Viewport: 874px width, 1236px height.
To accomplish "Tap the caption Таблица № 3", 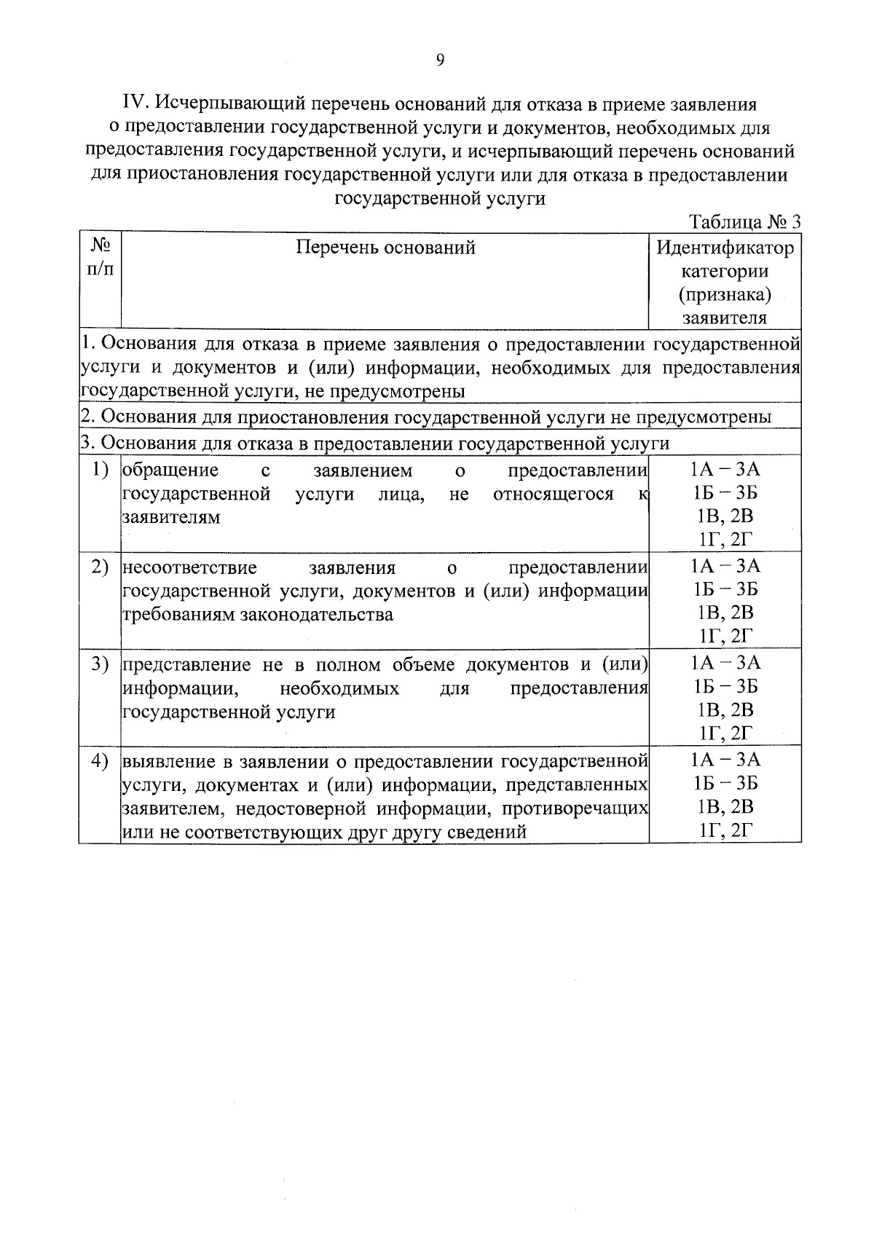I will (x=744, y=221).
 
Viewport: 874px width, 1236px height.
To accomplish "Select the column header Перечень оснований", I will (x=385, y=248).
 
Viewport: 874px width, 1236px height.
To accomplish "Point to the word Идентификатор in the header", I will (x=725, y=248).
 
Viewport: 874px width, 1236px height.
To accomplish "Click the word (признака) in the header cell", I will (x=725, y=294).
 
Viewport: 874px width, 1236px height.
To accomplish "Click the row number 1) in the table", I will (x=100, y=471).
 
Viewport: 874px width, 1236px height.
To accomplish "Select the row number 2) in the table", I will (x=100, y=567).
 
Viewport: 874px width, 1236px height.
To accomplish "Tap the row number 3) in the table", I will (x=100, y=664).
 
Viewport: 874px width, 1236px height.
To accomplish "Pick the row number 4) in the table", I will (x=100, y=761).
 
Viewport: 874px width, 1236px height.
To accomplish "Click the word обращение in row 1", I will (x=170, y=471).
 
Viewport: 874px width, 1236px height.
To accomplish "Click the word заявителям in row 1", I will (x=171, y=518).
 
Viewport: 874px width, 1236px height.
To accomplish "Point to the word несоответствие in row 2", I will (x=189, y=567).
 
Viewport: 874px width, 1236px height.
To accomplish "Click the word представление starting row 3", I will (x=189, y=664).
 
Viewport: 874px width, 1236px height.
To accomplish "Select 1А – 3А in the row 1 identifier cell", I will (x=725, y=469).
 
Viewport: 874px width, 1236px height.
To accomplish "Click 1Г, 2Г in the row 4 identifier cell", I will (x=725, y=830).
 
